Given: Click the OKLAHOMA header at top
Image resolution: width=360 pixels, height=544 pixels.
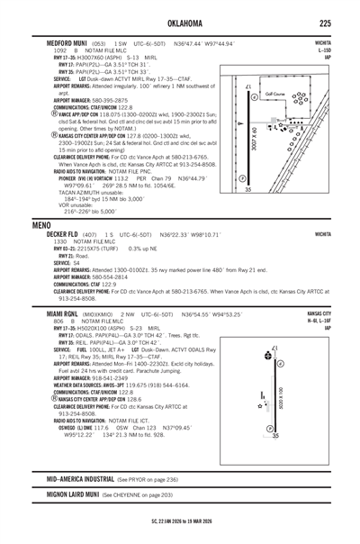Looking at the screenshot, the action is point(180,22).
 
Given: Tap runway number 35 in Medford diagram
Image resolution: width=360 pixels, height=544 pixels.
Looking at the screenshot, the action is point(248,189).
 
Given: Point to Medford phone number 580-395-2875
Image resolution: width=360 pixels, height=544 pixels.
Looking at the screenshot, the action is point(121,99).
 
